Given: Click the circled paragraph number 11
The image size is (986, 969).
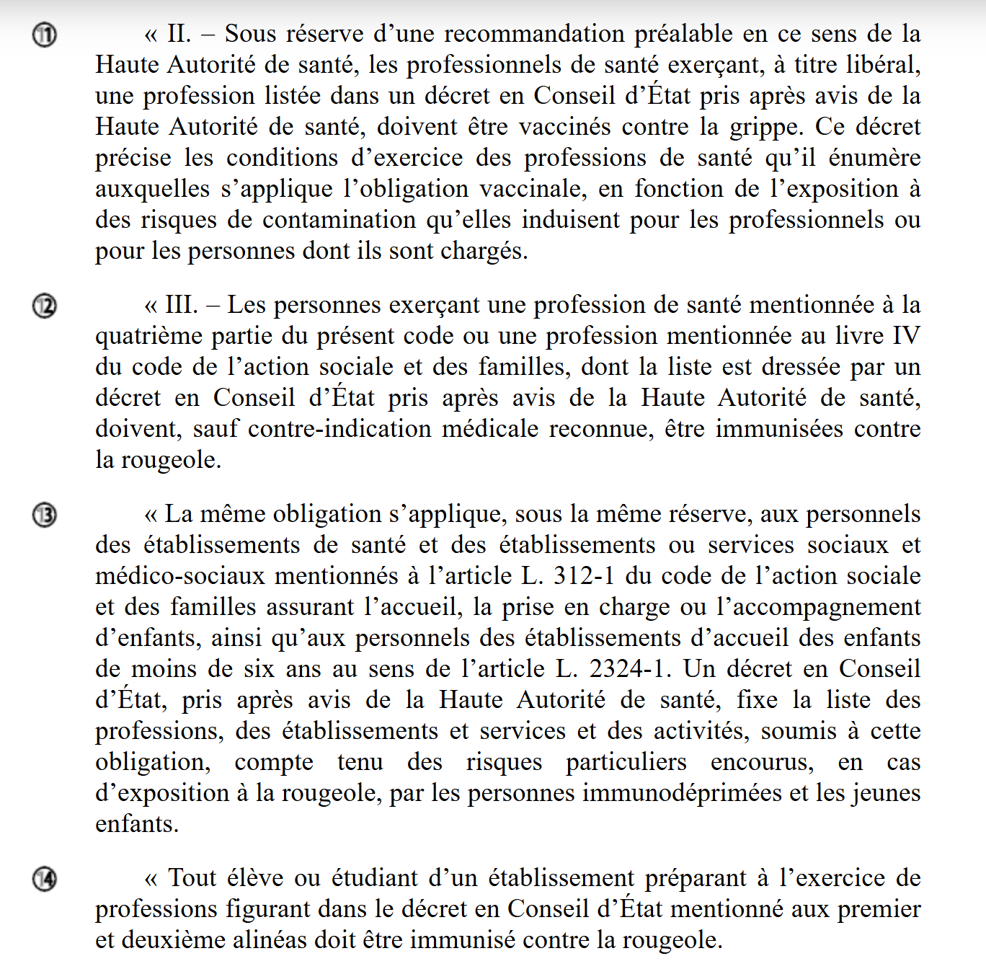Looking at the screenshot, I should point(45,35).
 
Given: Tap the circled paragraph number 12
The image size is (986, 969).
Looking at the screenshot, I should point(45,306).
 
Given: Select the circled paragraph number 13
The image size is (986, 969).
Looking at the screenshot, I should point(45,515).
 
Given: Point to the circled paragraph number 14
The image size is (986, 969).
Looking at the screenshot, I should point(45,879).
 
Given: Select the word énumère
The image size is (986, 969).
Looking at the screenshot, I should point(874,158).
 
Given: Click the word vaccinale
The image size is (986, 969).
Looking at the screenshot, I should point(534,189).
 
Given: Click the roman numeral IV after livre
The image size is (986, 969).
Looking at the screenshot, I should point(906,336).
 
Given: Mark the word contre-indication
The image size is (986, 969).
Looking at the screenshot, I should point(339,429).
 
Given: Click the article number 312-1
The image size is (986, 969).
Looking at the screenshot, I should point(584,576).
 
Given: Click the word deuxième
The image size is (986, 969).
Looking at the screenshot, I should point(175,940).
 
